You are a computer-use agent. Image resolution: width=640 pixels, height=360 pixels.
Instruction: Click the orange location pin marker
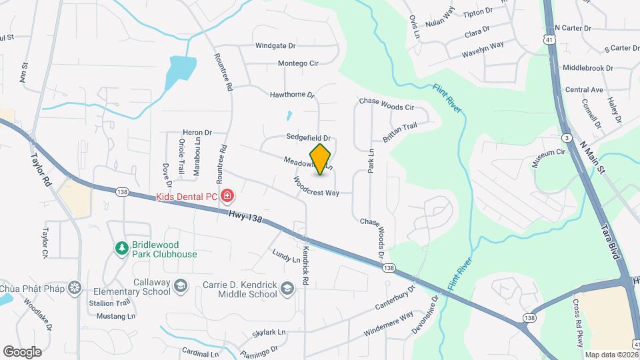click(321, 159)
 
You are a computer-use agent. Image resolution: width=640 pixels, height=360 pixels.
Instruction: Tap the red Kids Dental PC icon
click(228, 196)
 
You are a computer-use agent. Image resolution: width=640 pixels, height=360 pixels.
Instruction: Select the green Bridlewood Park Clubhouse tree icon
click(121, 249)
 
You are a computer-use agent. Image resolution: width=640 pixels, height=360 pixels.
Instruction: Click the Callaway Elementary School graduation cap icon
click(179, 287)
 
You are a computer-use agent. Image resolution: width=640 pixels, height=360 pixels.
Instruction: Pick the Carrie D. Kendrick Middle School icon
click(287, 288)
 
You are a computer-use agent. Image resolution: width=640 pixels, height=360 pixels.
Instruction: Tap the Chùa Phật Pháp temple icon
click(75, 287)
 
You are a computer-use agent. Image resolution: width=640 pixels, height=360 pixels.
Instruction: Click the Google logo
click(22, 351)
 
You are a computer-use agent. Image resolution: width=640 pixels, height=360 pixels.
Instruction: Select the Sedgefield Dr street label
click(309, 137)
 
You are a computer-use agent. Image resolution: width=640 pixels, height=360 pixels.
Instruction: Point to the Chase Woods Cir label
click(387, 104)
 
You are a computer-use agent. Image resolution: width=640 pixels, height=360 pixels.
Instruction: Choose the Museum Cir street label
click(548, 159)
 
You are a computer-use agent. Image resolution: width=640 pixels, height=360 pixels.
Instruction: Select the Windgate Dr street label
click(275, 46)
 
